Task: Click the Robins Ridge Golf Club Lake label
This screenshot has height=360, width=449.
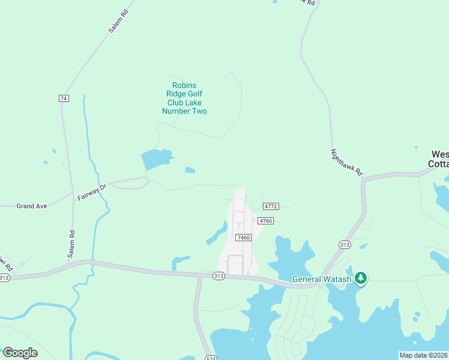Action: pyautogui.click(x=184, y=98)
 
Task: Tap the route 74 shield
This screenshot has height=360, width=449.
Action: pyautogui.click(x=64, y=98)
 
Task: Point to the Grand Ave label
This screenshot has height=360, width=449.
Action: pyautogui.click(x=32, y=206)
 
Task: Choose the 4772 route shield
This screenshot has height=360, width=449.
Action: pyautogui.click(x=271, y=206)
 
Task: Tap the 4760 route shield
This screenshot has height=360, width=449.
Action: pyautogui.click(x=266, y=221)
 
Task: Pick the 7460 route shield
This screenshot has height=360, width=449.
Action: pyautogui.click(x=243, y=238)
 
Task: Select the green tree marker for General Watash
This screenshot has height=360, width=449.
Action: pyautogui.click(x=361, y=278)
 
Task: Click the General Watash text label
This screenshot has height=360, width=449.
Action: pyautogui.click(x=321, y=278)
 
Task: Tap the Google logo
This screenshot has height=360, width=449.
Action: pyautogui.click(x=20, y=352)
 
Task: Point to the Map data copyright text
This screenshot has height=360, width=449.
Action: pyautogui.click(x=423, y=355)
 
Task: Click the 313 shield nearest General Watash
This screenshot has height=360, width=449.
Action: pyautogui.click(x=344, y=245)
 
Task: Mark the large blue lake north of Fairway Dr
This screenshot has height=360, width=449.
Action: pyautogui.click(x=156, y=159)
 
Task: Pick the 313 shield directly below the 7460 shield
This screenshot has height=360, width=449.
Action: pyautogui.click(x=218, y=275)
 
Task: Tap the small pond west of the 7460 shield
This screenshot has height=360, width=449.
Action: pyautogui.click(x=217, y=234)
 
